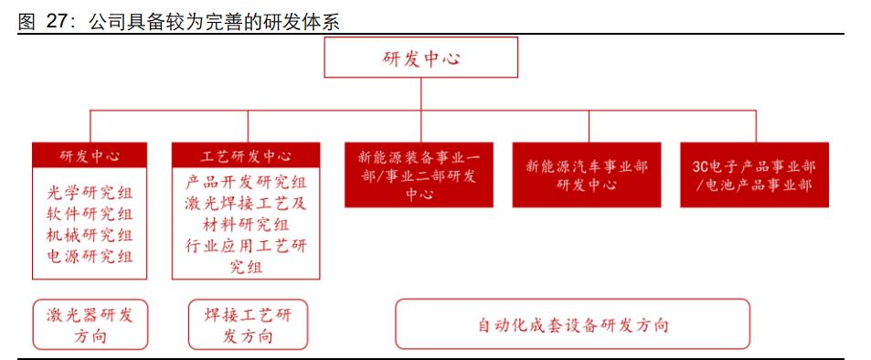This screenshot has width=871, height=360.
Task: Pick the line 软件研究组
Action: point(90,214)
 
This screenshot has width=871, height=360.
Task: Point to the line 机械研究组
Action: point(90,235)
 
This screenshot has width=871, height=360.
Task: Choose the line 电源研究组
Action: point(90,257)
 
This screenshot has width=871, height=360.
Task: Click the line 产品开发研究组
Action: point(246,182)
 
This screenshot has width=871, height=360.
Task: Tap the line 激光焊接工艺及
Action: point(246,203)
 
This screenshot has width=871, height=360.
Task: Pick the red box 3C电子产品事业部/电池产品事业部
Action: point(754,175)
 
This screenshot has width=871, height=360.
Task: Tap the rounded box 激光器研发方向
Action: point(90,325)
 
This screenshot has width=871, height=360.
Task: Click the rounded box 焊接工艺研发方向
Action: point(246,325)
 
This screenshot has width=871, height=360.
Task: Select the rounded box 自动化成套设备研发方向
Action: point(572,324)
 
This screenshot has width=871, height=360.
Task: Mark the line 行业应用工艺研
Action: point(246,246)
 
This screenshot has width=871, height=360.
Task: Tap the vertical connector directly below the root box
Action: point(422,94)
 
